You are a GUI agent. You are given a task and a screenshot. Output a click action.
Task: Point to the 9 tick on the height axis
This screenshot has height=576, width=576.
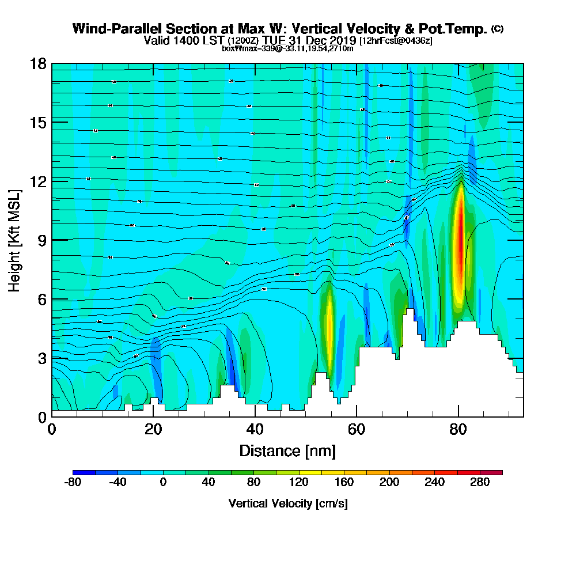pyautogui.click(x=52, y=240)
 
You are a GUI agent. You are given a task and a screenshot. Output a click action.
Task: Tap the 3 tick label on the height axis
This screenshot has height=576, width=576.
pyautogui.click(x=41, y=358)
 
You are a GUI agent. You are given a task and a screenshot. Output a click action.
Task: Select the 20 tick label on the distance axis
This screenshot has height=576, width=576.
pyautogui.click(x=153, y=429)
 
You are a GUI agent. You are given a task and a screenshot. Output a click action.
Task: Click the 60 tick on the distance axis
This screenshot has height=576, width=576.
pyautogui.click(x=357, y=416)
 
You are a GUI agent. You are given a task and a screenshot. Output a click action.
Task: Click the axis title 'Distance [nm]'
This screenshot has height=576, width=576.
pyautogui.click(x=287, y=450)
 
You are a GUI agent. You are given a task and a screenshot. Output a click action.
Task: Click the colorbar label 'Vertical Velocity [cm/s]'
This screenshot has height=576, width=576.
pyautogui.click(x=287, y=503)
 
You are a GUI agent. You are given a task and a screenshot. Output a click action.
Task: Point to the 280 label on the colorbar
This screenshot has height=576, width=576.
pyautogui.click(x=480, y=482)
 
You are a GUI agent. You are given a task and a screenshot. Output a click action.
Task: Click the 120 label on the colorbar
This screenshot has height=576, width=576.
pyautogui.click(x=298, y=482)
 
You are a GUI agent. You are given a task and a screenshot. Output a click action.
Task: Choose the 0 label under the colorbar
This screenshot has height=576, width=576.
pyautogui.click(x=163, y=482)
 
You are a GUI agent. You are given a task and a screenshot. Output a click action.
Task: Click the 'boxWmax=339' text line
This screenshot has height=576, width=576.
pyautogui.click(x=287, y=48)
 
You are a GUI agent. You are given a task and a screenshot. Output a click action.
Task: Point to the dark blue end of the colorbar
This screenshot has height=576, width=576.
pyautogui.click(x=78, y=472)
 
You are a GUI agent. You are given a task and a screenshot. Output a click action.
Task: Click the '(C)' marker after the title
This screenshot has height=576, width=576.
pyautogui.click(x=497, y=29)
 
